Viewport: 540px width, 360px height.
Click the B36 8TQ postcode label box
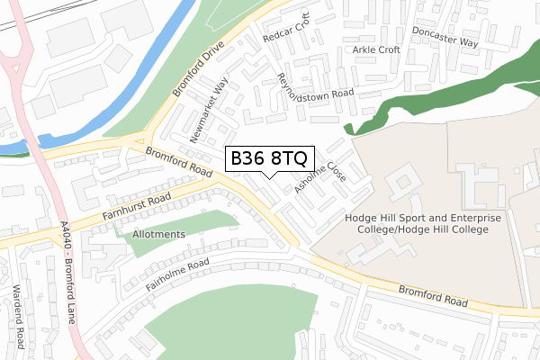269,158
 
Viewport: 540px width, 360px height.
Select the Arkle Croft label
376,49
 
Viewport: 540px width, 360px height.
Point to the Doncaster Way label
445,36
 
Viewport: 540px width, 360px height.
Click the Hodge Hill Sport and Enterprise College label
416,223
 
